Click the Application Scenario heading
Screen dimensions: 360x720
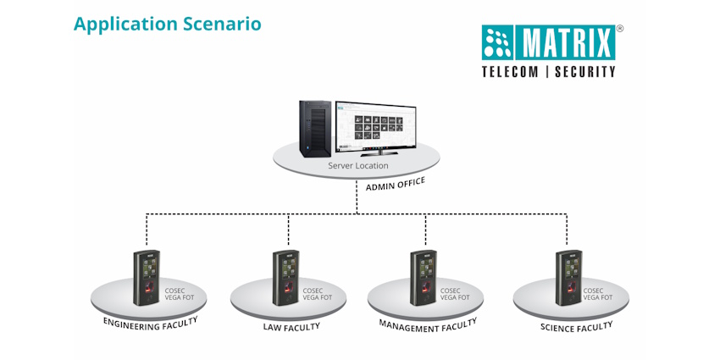(x=167, y=24)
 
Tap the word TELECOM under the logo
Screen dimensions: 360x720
(x=510, y=72)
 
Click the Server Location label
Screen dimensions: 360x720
(x=358, y=165)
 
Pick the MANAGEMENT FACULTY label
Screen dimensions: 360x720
(x=428, y=324)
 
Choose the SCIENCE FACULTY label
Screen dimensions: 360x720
(x=575, y=326)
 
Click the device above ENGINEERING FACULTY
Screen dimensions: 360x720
(x=147, y=277)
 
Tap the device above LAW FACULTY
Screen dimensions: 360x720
(x=286, y=277)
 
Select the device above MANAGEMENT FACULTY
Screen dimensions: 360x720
(x=424, y=277)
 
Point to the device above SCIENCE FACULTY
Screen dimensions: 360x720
(x=568, y=277)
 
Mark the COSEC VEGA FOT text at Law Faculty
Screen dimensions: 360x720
(x=318, y=293)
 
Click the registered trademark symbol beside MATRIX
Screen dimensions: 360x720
(x=619, y=29)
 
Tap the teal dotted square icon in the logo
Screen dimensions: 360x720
(x=499, y=42)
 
